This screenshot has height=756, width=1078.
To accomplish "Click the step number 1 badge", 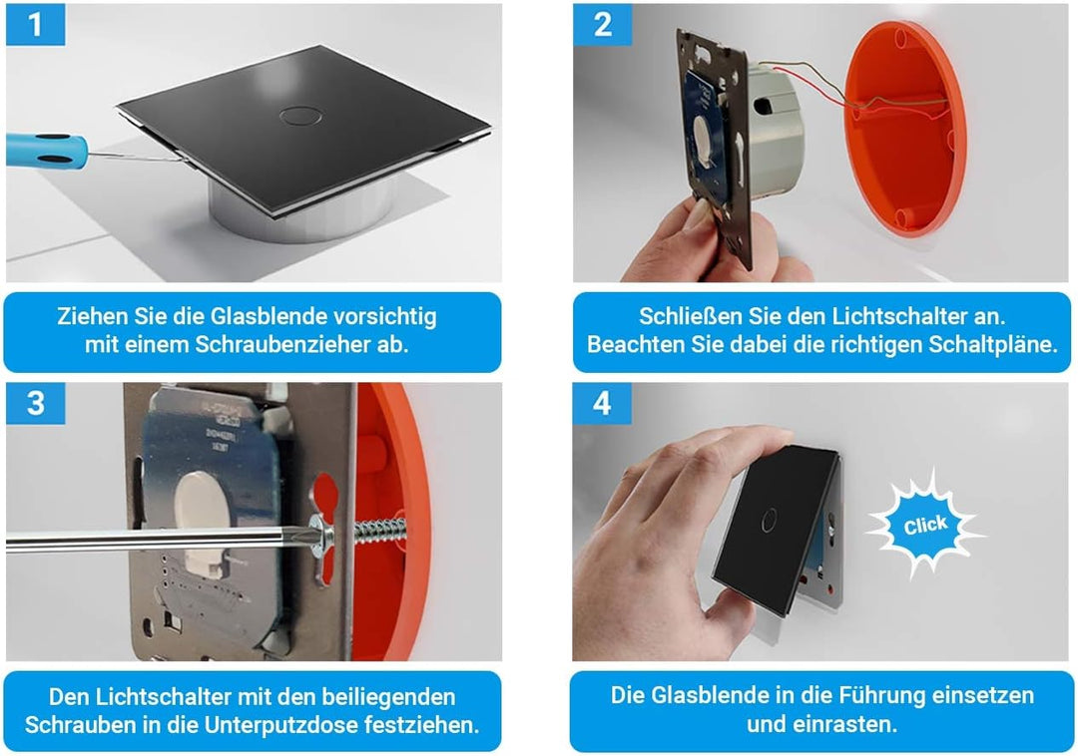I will coord(35,24).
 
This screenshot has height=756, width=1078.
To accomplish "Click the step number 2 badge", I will coord(603,24).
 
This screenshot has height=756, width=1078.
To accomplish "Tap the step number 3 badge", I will coord(35,404).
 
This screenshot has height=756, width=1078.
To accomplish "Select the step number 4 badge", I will coord(602,404).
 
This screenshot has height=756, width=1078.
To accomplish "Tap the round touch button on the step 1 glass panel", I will coord(295,114).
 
